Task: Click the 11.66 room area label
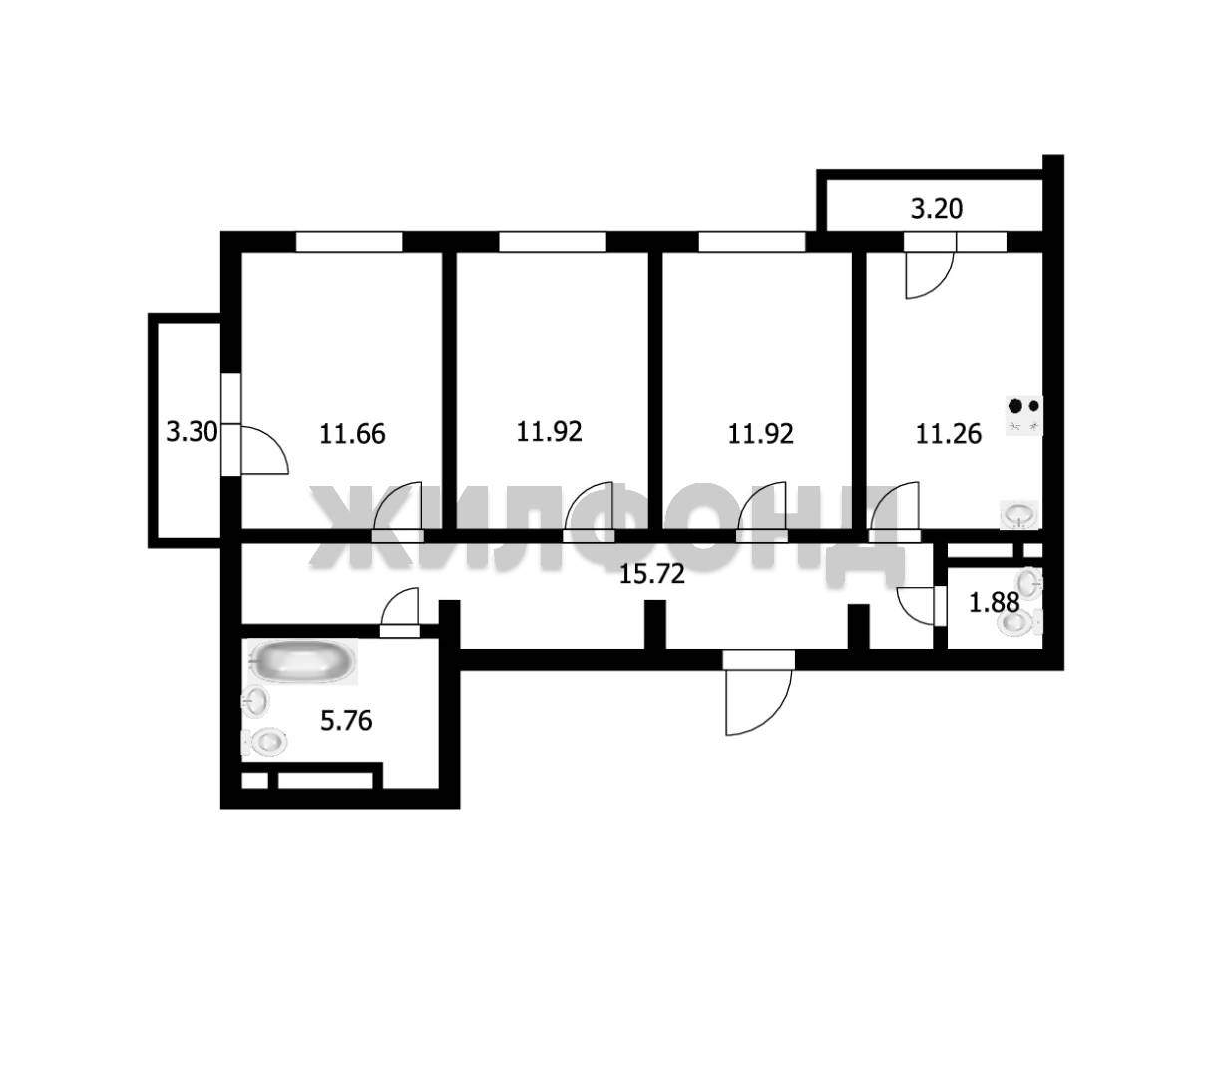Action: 352,434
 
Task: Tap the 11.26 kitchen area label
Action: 949,434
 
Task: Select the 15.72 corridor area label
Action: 651,574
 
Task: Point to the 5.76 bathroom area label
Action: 346,721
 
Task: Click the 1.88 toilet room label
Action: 994,602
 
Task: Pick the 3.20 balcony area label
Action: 937,209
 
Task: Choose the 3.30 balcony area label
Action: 192,431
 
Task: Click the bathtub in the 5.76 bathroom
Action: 302,661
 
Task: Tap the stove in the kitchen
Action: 1023,415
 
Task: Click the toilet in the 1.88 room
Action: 1019,622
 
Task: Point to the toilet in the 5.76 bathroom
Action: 264,743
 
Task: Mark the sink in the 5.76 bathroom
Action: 255,701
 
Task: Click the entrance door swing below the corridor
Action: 758,702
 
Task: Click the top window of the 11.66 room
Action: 349,242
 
